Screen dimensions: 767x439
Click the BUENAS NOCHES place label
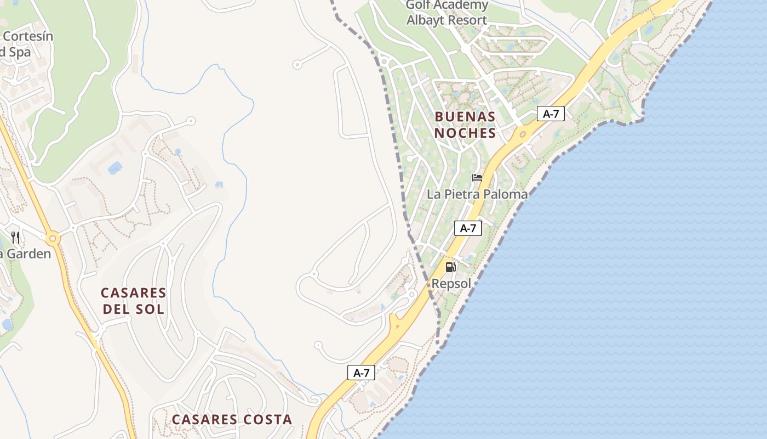pos(465,125)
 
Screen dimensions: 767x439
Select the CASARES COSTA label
pos(232,420)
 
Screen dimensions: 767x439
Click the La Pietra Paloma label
pos(477,194)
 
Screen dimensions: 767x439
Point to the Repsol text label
pos(451,284)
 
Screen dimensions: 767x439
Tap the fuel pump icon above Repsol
pos(450,267)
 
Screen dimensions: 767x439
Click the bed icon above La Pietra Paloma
pos(477,178)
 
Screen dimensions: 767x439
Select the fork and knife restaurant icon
pos(15,238)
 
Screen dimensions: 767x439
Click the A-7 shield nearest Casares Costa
pos(362,373)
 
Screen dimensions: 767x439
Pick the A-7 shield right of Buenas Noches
pos(551,114)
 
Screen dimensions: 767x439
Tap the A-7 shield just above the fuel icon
pos(468,228)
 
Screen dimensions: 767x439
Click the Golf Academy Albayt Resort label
pos(447,13)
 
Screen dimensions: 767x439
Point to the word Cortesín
pos(27,36)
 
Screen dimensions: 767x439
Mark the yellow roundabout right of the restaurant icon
pos(53,239)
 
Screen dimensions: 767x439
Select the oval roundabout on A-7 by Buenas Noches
pos(522,134)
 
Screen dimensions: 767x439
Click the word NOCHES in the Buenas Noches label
pos(465,133)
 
